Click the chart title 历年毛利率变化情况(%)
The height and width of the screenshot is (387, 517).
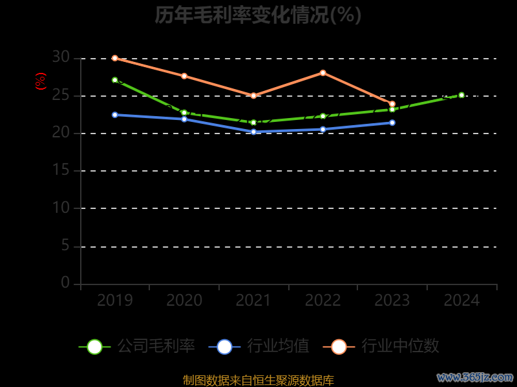pos(258,15)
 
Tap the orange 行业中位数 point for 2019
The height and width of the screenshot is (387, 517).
pos(115,58)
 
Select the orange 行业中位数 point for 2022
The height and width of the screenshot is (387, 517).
pos(323,73)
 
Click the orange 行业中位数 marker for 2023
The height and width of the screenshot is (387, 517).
pos(392,104)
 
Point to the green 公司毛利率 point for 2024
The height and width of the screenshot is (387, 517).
pos(461,95)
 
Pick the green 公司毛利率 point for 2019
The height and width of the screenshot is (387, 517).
pos(115,80)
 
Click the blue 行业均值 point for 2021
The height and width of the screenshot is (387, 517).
pos(253,132)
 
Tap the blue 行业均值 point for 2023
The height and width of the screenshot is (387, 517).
pos(392,123)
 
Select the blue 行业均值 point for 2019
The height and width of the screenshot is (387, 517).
pos(115,115)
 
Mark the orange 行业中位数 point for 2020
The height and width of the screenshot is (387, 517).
pos(184,76)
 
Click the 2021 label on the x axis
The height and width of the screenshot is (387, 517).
pos(253,301)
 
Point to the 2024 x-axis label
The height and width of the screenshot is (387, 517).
pos(461,301)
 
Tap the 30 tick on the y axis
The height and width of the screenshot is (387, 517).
pos(61,58)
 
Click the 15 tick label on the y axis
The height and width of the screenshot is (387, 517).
pos(61,171)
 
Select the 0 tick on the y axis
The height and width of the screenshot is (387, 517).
pos(65,283)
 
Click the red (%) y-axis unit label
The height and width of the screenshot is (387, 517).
pos(41,82)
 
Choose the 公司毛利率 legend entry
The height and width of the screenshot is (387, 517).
pos(137,346)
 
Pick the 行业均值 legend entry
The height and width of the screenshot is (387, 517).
pos(259,346)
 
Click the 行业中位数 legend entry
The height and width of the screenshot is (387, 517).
pos(385,346)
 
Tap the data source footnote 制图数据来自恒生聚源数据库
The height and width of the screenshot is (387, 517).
pos(258,381)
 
